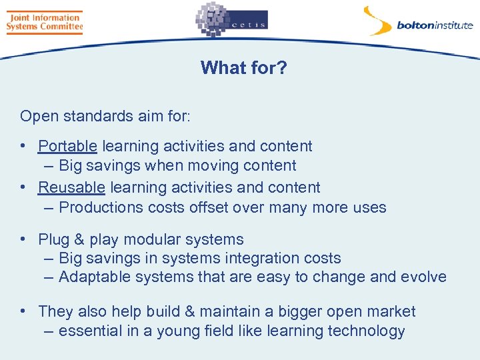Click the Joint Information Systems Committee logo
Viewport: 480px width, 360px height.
(x=44, y=22)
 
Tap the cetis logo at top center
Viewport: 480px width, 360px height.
(x=231, y=21)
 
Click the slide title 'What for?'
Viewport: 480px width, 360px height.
(x=243, y=67)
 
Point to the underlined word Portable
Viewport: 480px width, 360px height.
(x=68, y=146)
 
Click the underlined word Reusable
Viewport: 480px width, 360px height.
(x=71, y=187)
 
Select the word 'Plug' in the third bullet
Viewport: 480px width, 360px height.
(x=53, y=239)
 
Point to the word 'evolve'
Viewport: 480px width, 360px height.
(x=423, y=277)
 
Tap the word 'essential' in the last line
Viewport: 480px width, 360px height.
(x=89, y=331)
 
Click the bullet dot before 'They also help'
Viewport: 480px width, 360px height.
(x=23, y=311)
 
